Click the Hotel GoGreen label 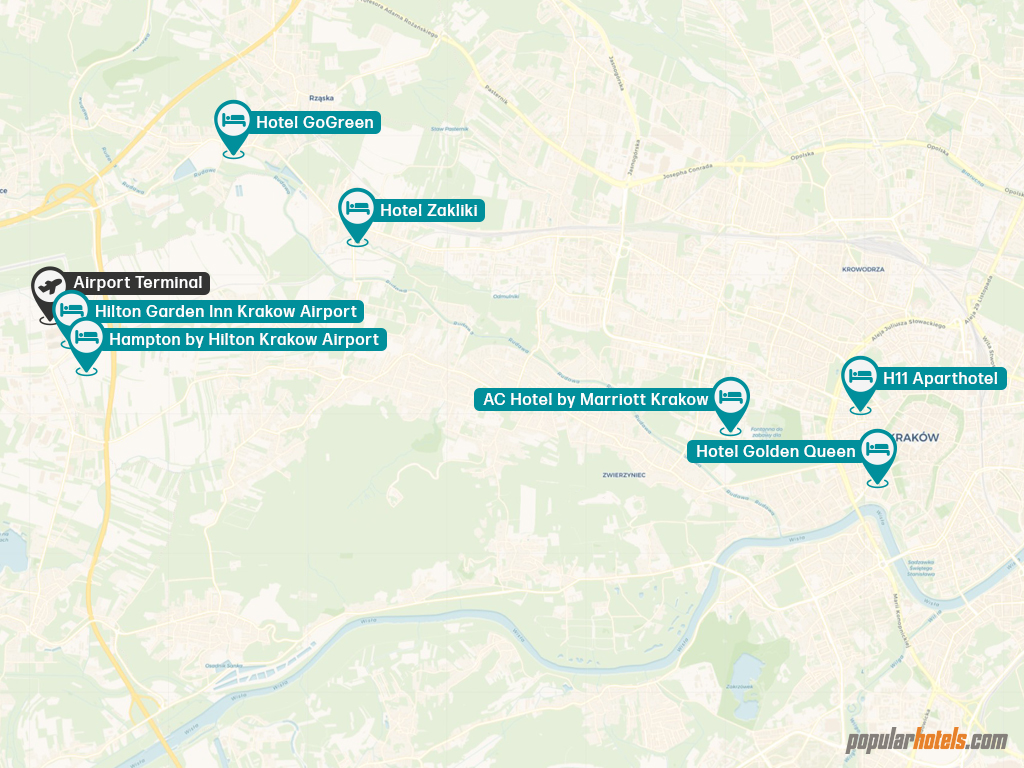point(315,123)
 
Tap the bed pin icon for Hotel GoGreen point(234,121)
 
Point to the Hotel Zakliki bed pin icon point(357,209)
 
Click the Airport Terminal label point(138,283)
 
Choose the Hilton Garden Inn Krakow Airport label point(226,311)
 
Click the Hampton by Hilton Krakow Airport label point(244,340)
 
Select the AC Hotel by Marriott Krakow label point(595,400)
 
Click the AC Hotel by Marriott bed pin point(731,398)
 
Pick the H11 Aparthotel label point(942,379)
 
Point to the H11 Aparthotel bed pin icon point(860,377)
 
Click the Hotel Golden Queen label point(775,451)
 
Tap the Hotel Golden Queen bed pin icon point(877,450)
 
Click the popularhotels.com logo point(927,741)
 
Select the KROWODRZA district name point(865,268)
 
